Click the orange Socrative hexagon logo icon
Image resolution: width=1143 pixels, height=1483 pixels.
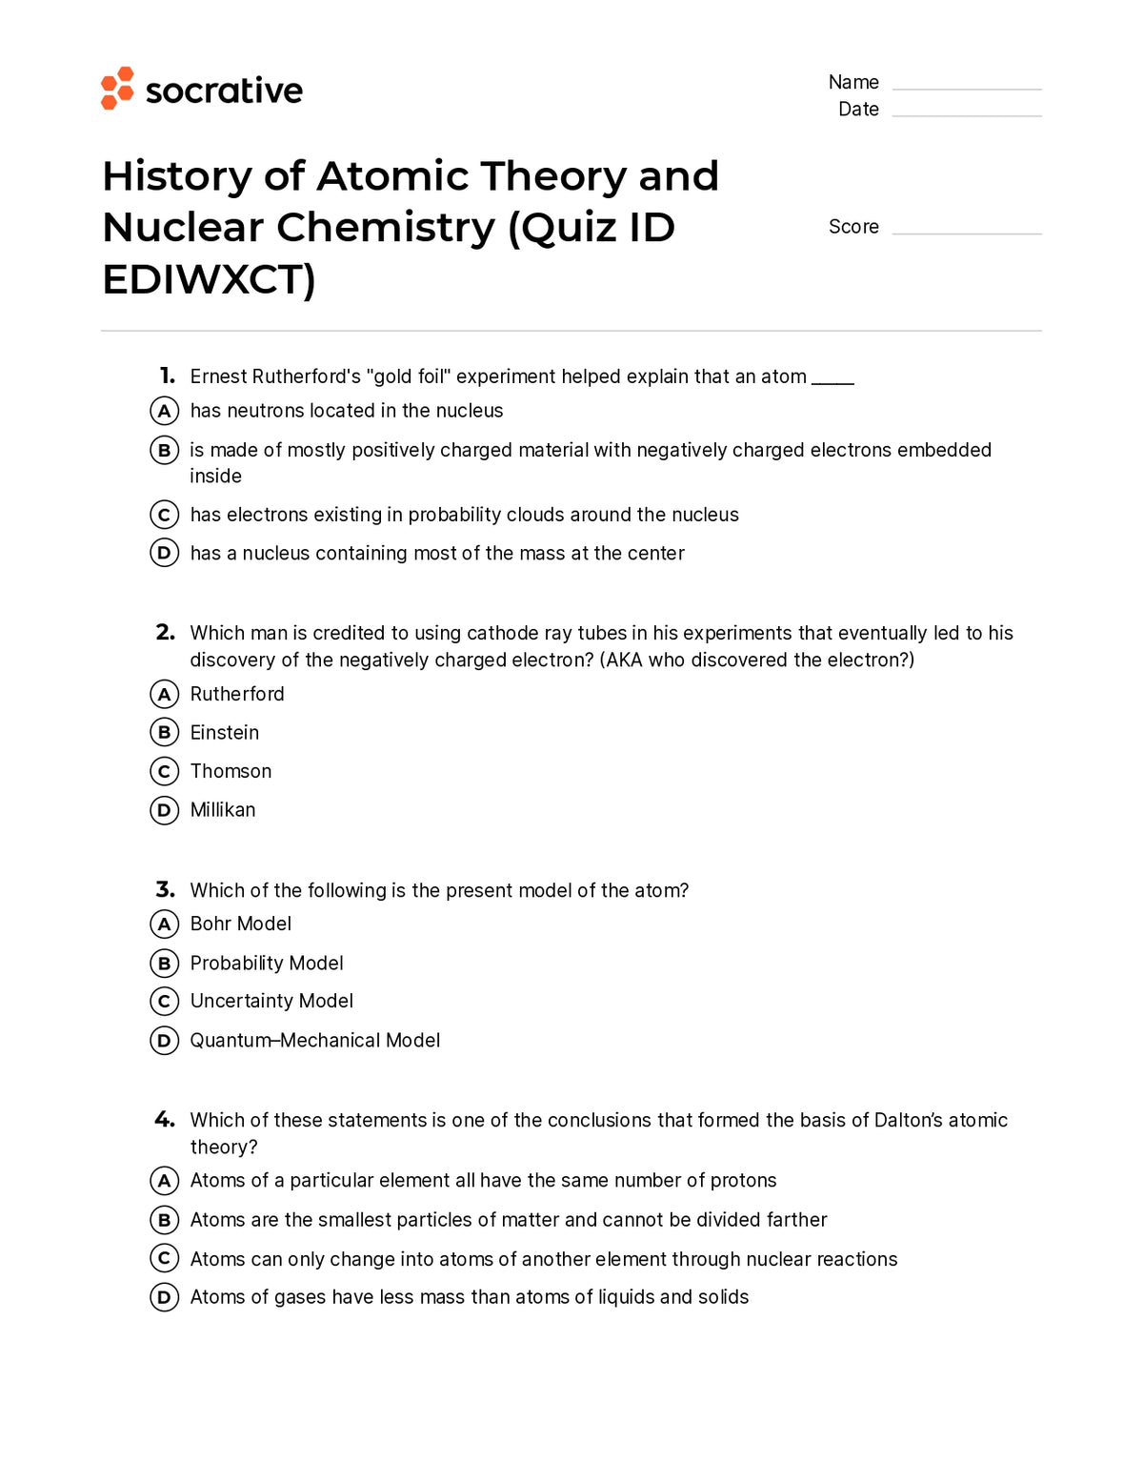pos(117,89)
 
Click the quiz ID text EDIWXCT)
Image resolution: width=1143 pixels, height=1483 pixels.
pos(209,280)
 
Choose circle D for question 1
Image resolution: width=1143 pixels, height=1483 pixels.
pos(165,553)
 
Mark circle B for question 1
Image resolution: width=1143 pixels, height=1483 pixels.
pos(165,450)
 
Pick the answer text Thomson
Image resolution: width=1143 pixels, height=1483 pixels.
pos(231,771)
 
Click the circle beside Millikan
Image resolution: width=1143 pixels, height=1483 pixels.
pos(165,810)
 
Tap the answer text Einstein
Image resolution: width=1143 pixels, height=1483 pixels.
pos(225,733)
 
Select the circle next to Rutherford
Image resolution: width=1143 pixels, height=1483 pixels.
pos(165,694)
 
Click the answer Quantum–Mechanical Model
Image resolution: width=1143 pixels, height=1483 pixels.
pos(314,1040)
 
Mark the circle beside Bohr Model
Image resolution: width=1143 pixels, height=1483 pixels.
pos(165,924)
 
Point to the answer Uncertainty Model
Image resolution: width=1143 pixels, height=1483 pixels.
pos(271,1001)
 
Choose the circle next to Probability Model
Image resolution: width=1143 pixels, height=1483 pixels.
pos(165,964)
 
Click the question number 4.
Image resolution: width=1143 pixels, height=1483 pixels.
pos(165,1119)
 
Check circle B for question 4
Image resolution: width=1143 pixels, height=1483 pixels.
pos(165,1220)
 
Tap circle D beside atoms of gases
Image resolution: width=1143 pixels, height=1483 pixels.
pos(165,1297)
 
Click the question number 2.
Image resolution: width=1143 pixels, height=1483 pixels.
pos(165,632)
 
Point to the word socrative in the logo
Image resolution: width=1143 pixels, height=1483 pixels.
pos(224,91)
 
